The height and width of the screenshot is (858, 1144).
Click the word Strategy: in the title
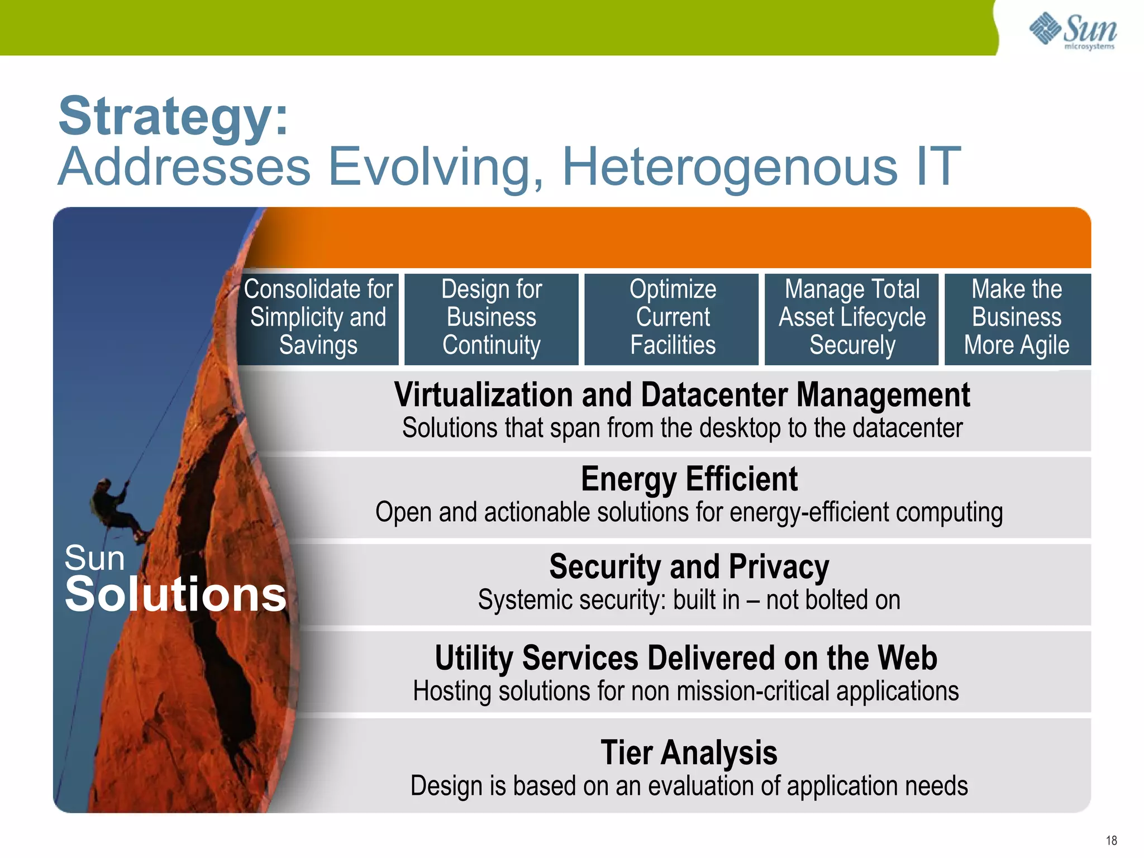[174, 116]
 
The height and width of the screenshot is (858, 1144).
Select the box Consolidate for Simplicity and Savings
[318, 317]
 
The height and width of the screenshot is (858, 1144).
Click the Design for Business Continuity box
[491, 317]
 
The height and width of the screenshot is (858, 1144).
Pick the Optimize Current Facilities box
[672, 317]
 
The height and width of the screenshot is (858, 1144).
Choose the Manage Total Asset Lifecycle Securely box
[852, 317]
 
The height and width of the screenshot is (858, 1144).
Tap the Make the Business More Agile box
[1017, 317]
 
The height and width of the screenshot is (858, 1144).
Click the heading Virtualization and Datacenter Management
[681, 395]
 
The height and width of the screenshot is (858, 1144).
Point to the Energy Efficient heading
[689, 479]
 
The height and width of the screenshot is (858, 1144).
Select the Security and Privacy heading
[689, 566]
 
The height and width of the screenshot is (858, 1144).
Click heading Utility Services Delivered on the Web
[685, 657]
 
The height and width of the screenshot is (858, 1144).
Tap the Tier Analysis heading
[689, 752]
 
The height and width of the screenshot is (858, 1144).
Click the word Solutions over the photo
[175, 594]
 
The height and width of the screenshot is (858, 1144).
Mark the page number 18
[1111, 841]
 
